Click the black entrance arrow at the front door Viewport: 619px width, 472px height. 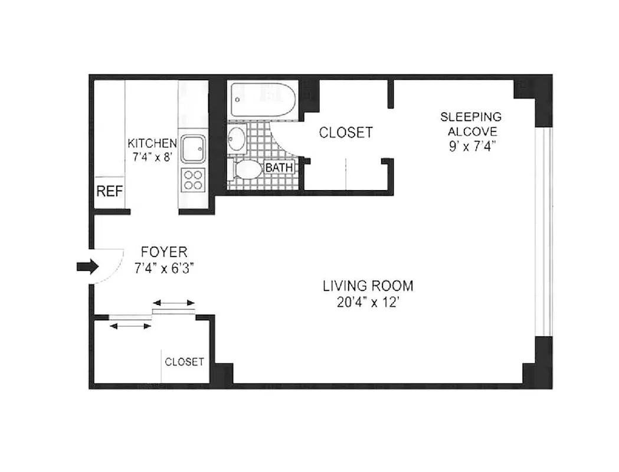point(87,267)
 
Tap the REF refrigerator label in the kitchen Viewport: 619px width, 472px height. point(109,191)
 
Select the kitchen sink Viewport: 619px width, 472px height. point(193,149)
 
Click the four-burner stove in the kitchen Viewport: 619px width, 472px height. point(193,179)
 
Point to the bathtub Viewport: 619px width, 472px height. point(263,99)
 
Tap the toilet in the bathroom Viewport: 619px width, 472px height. point(247,170)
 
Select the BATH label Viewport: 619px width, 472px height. point(279,168)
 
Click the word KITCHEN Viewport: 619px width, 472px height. point(152,143)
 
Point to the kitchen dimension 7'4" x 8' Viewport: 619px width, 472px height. point(152,157)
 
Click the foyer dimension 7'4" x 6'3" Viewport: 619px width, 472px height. point(164,268)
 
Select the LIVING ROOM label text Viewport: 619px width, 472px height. point(368,286)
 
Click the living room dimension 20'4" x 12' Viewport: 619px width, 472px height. point(368,301)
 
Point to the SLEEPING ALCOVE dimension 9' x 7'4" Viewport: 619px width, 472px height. point(472,146)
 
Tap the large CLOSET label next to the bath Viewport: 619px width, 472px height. point(346,133)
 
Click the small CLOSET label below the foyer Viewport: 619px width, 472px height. point(184,362)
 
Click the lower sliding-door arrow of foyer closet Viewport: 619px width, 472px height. point(130,326)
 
